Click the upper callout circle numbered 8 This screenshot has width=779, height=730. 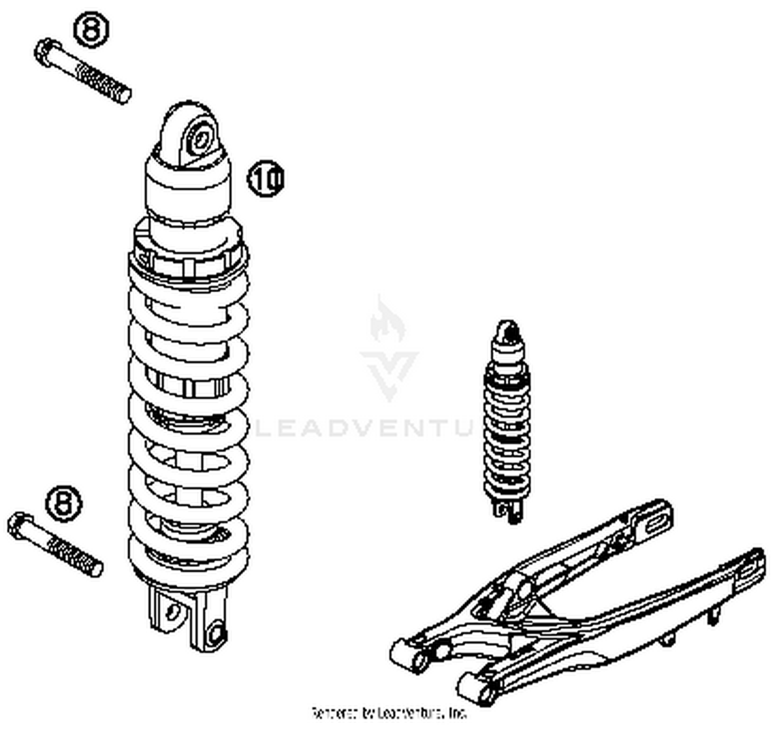coord(91,30)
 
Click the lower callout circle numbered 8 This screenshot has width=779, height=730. coord(64,502)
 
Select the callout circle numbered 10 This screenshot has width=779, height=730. coord(265,179)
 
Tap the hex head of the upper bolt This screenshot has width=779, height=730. coord(45,52)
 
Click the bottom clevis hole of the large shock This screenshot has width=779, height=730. coord(215,633)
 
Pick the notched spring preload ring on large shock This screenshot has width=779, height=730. coord(188,262)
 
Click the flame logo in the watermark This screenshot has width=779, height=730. coord(387,319)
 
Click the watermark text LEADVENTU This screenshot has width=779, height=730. coord(364,428)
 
